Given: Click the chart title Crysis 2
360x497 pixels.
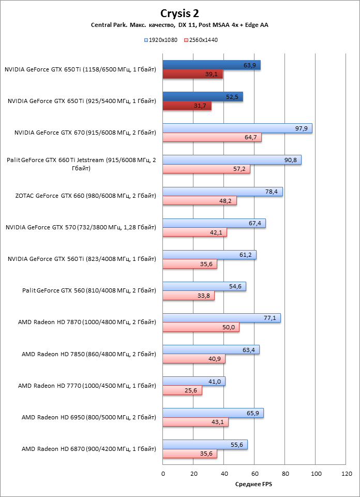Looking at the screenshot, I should [x=179, y=13].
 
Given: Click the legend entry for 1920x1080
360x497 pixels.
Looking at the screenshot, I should [x=161, y=39].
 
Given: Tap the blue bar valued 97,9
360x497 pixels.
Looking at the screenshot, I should [x=237, y=128].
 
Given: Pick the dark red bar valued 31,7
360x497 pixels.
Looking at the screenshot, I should [x=187, y=106].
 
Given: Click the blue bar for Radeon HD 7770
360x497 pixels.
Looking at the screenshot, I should [x=193, y=382].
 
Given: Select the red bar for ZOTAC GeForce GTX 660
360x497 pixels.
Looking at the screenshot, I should [x=199, y=201].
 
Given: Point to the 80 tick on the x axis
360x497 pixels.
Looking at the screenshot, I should [x=284, y=473].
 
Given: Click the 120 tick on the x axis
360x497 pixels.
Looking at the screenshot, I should [x=346, y=473].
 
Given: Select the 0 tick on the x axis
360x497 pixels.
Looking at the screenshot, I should [x=163, y=473].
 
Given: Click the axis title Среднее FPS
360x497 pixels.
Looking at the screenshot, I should [x=254, y=484].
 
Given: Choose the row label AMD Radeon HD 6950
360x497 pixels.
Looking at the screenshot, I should [x=88, y=417].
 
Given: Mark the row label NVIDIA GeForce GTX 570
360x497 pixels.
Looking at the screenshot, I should [x=80, y=227].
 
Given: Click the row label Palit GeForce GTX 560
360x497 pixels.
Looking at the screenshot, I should [x=89, y=290].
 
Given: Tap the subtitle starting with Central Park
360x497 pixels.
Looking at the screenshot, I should [x=179, y=25].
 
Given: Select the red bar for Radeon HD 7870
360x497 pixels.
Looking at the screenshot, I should [x=201, y=327].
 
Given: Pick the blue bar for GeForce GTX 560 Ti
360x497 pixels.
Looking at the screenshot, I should [x=209, y=255].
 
